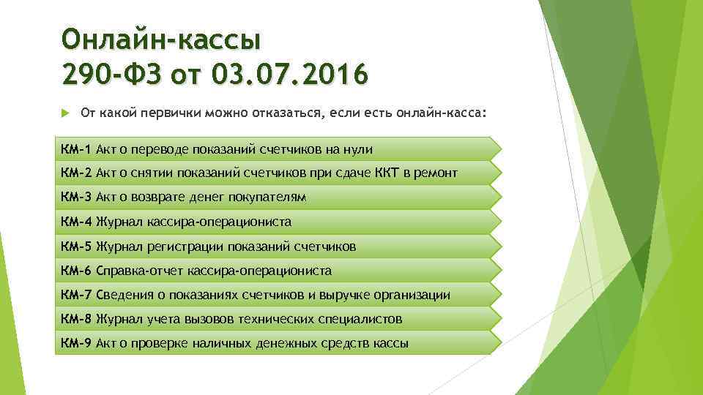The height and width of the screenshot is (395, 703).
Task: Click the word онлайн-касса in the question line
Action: coord(439,114)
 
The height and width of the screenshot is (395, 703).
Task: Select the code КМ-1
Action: coord(76,149)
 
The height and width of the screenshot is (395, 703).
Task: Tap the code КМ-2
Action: coord(76,173)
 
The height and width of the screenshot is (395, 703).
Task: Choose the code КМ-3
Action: coord(76,197)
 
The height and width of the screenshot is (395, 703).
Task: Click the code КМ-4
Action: coord(76,221)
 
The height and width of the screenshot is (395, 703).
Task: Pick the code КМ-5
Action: coord(76,247)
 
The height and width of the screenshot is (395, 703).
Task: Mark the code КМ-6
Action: coord(76,271)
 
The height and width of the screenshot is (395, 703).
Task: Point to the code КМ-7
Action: coord(76,295)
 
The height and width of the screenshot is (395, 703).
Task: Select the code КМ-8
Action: coord(76,319)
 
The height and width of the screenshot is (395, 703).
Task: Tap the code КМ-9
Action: coord(76,343)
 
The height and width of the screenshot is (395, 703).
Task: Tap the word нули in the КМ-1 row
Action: coord(359,149)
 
